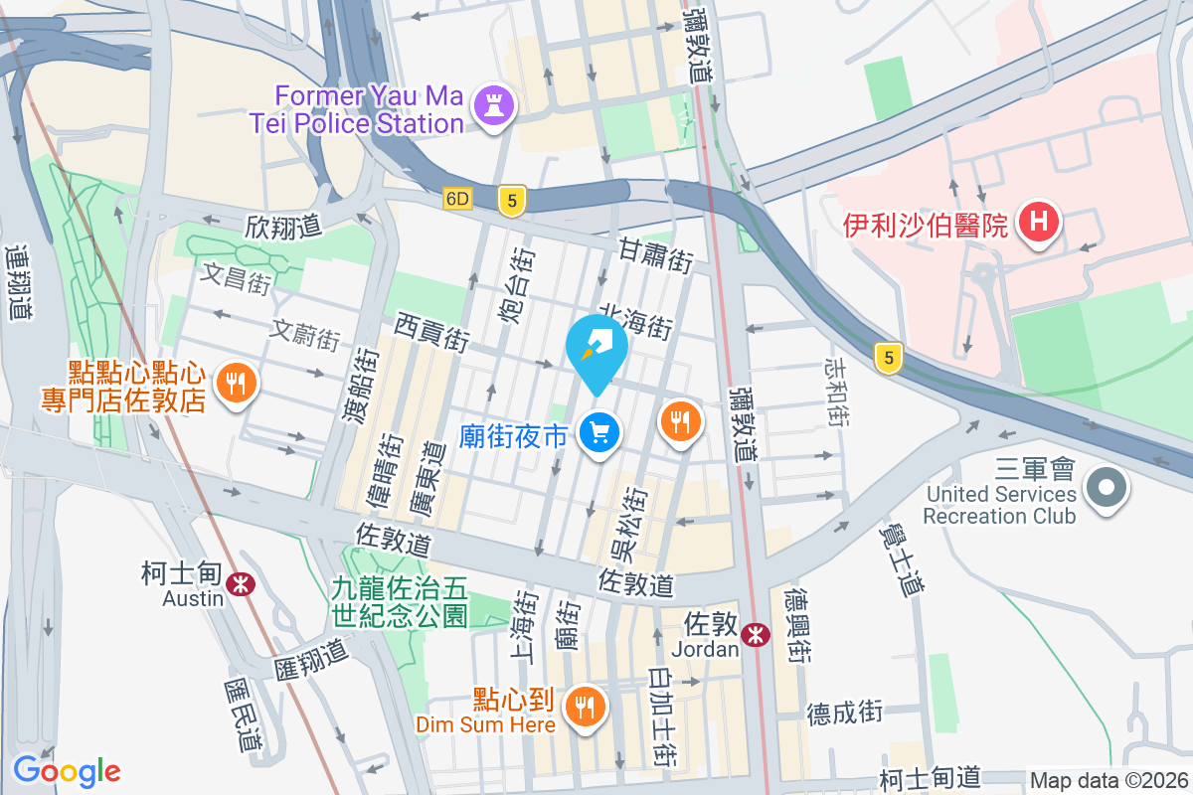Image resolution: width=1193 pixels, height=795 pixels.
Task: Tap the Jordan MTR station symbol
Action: pyautogui.click(x=756, y=633)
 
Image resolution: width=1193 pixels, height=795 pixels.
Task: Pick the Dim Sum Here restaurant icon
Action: pyautogui.click(x=584, y=707)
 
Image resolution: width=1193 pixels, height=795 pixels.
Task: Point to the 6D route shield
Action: pyautogui.click(x=456, y=199)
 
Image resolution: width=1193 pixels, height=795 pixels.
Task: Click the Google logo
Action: pyautogui.click(x=67, y=771)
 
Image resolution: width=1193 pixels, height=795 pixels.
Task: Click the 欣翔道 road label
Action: pyautogui.click(x=283, y=227)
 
